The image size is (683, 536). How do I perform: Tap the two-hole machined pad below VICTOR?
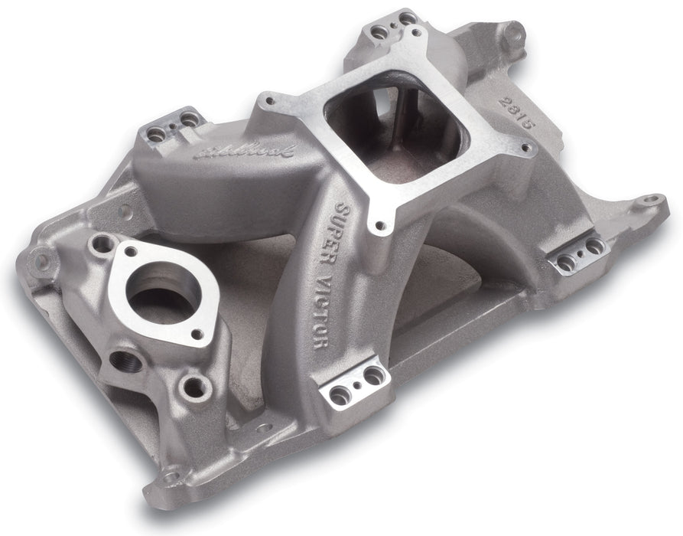click(x=354, y=384)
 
